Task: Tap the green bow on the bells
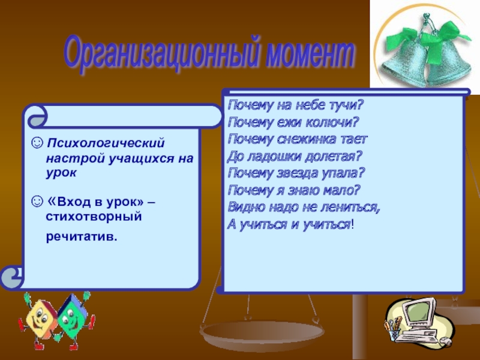(x=428, y=39)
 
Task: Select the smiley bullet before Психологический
(x=37, y=143)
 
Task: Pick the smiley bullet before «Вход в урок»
(x=37, y=202)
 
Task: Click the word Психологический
(x=106, y=143)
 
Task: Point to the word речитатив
(x=82, y=236)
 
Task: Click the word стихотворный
(x=94, y=217)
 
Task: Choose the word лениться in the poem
(x=350, y=208)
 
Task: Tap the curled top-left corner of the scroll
(x=37, y=116)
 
